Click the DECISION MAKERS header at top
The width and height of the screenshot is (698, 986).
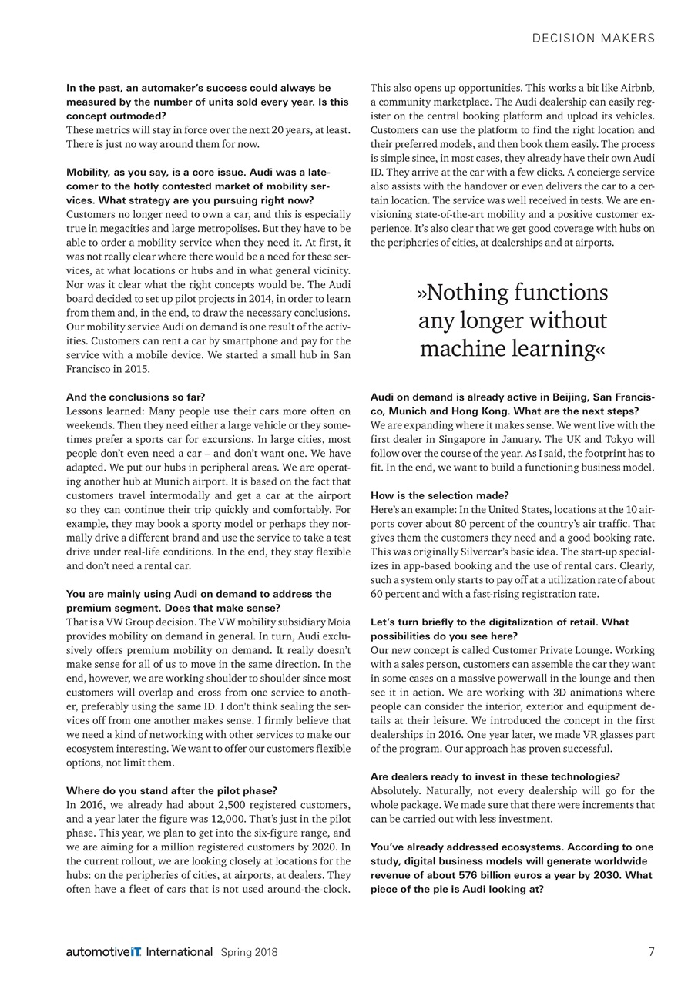593,38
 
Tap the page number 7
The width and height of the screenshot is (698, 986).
651,951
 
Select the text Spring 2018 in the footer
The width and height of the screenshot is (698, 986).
249,952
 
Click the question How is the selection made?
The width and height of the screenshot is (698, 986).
439,495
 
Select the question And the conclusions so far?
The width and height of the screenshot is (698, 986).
135,397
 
